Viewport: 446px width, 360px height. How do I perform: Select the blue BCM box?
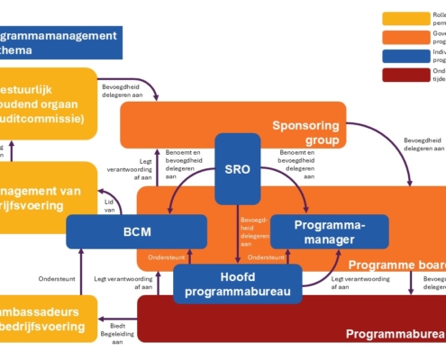click(114, 230)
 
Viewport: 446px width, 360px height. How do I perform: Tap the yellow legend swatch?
click(405, 18)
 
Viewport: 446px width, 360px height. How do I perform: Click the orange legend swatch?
click(405, 38)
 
